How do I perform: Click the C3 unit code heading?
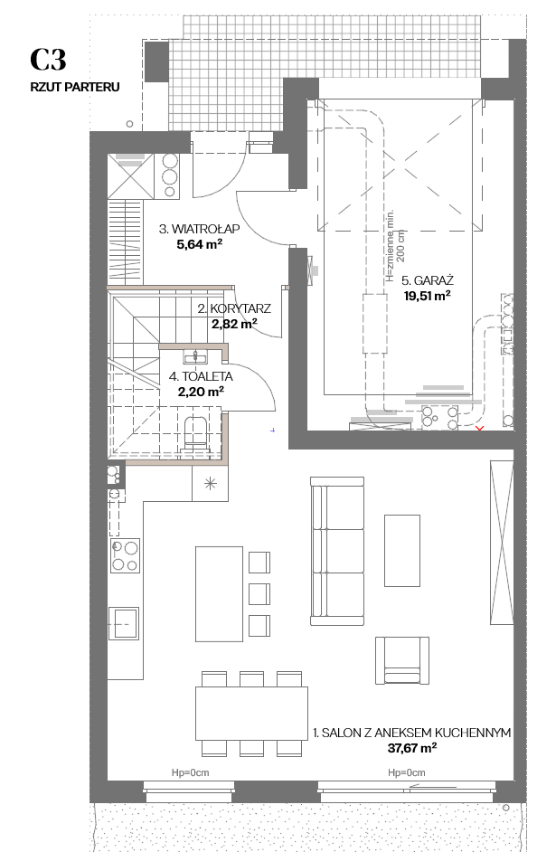point(48,59)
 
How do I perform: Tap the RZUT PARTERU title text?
point(75,87)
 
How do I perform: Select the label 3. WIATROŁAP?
point(199,229)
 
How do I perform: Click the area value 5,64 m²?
point(199,244)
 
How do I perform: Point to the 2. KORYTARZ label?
point(234,308)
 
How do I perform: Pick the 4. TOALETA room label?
point(201,376)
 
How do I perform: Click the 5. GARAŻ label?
point(428,280)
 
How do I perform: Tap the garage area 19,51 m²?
point(427,296)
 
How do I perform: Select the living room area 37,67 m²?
point(412,748)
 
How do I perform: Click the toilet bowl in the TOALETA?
point(195,433)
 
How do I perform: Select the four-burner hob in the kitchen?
point(125,555)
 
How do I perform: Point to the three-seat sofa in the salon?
point(337,551)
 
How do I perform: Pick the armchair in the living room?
point(401,660)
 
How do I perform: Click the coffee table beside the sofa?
point(402,551)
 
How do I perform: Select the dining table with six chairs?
point(251,714)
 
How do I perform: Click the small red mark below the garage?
point(479,430)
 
